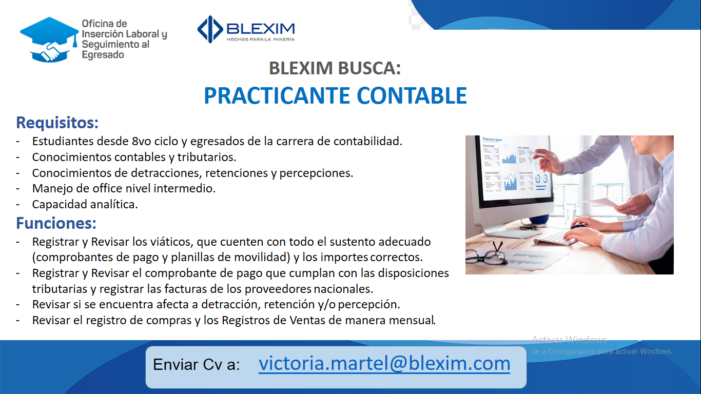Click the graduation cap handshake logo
49,40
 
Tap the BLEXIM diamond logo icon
210,29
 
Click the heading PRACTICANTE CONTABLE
335,95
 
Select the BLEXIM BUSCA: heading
335,68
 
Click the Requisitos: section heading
57,123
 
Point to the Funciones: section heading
56,223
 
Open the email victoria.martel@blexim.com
384,364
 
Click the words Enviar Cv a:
196,365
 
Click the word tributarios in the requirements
206,157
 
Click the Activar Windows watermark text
569,340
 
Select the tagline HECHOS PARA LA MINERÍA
261,40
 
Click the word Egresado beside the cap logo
103,55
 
